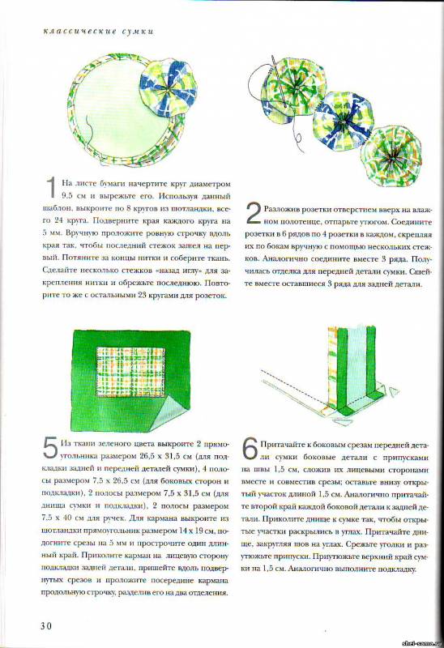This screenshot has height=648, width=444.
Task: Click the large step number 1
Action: click(x=51, y=187)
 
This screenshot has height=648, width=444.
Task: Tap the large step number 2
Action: click(x=253, y=212)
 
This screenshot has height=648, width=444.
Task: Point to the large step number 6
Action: click(x=250, y=449)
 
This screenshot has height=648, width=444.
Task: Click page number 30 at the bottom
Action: click(x=46, y=625)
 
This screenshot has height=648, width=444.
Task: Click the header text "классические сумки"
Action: click(x=98, y=31)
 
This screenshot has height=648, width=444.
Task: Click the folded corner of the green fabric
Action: click(x=178, y=415)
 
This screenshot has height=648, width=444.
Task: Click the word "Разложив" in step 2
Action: click(x=282, y=209)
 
